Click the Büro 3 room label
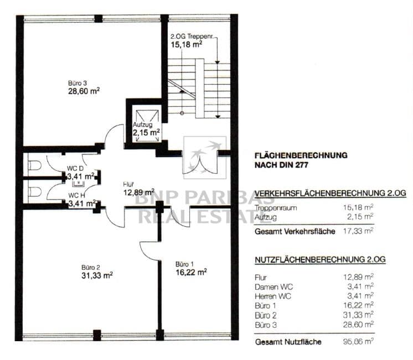[x=77, y=83]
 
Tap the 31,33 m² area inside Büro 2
[x=97, y=275]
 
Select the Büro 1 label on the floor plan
[x=185, y=264]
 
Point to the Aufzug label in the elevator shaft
[x=142, y=124]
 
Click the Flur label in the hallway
[x=128, y=185]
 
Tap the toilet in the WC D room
[x=34, y=165]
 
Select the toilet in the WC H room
[x=34, y=192]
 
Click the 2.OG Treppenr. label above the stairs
[x=192, y=36]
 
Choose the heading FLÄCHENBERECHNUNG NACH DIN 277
[x=301, y=160]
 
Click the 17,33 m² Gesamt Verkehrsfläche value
[x=358, y=231]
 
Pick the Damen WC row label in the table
[x=273, y=287]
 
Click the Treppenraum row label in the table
[x=276, y=208]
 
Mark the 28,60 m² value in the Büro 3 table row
[x=358, y=324]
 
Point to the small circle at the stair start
[x=182, y=113]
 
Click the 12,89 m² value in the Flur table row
[x=358, y=277]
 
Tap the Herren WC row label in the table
[x=273, y=296]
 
